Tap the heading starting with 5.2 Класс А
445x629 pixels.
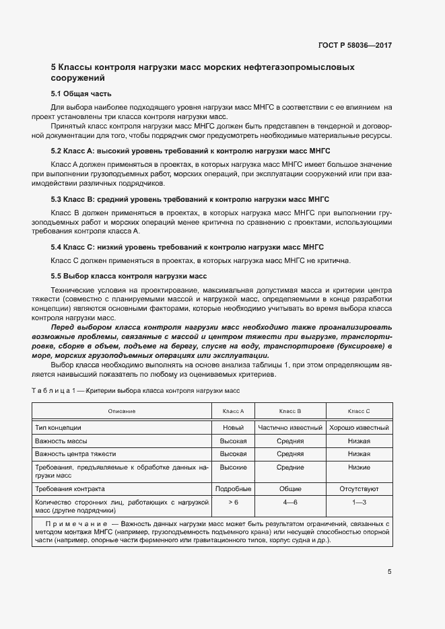click(191, 151)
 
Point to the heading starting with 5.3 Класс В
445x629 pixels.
click(190, 199)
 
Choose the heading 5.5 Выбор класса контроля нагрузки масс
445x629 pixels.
click(129, 276)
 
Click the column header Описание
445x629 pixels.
click(122, 411)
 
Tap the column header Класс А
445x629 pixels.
click(233, 411)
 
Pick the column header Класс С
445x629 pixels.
click(359, 411)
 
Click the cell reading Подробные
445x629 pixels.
click(233, 489)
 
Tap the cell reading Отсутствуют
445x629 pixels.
click(359, 489)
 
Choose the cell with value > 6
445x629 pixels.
click(233, 503)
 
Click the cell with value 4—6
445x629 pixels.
click(289, 503)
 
